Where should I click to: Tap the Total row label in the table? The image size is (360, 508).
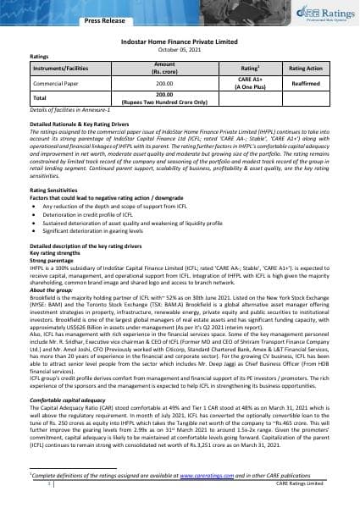pyautogui.click(x=38, y=100)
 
